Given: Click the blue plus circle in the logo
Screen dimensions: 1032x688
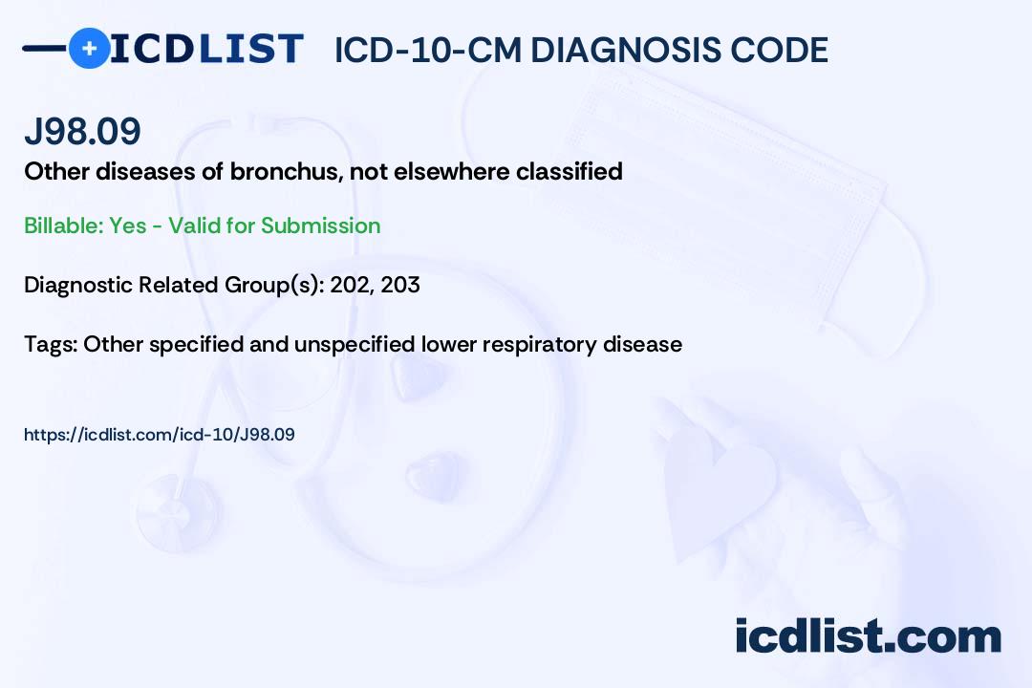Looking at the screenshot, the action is (x=89, y=48).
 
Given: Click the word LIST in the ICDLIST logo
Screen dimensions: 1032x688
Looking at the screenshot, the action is (x=250, y=49).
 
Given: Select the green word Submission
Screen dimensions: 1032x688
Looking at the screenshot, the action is (x=320, y=226).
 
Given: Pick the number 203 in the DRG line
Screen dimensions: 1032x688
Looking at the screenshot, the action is (x=400, y=285).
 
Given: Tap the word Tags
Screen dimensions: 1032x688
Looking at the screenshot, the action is (x=51, y=344).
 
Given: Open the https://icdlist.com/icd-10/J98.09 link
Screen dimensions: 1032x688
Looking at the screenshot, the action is (x=160, y=435).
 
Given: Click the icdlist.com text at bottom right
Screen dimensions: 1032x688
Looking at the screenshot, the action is (x=868, y=636).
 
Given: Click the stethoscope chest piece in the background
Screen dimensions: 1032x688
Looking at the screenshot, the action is (x=179, y=512).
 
